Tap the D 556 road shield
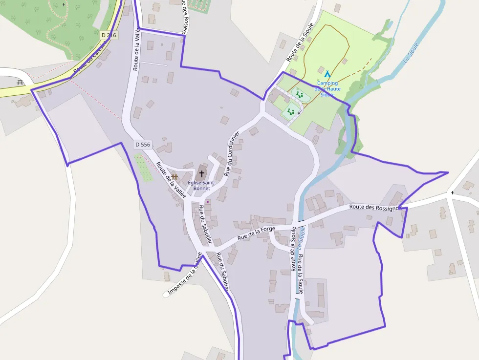coord(143,145)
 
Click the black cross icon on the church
coord(201,173)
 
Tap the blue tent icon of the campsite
coord(327,74)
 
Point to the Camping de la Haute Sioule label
coord(327,89)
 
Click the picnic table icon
coord(21,82)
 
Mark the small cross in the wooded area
coord(64,4)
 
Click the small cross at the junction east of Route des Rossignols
coord(452,192)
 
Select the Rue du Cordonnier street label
coord(231,154)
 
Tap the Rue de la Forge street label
coord(256,232)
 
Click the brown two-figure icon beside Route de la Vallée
coord(174,177)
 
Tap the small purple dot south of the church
coord(207,201)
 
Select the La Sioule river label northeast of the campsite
coord(411,53)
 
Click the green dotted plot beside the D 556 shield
coord(143,168)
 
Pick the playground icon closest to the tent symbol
coord(299,94)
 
